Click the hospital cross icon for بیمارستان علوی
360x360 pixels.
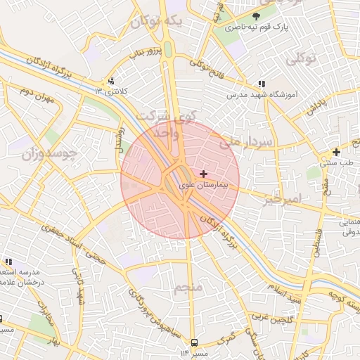[204, 174]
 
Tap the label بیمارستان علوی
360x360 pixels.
[205, 185]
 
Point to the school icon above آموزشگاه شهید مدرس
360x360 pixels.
[262, 83]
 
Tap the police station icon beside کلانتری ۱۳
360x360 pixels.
[111, 81]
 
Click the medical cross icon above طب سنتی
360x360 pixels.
[336, 152]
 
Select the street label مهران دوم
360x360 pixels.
[37, 95]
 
